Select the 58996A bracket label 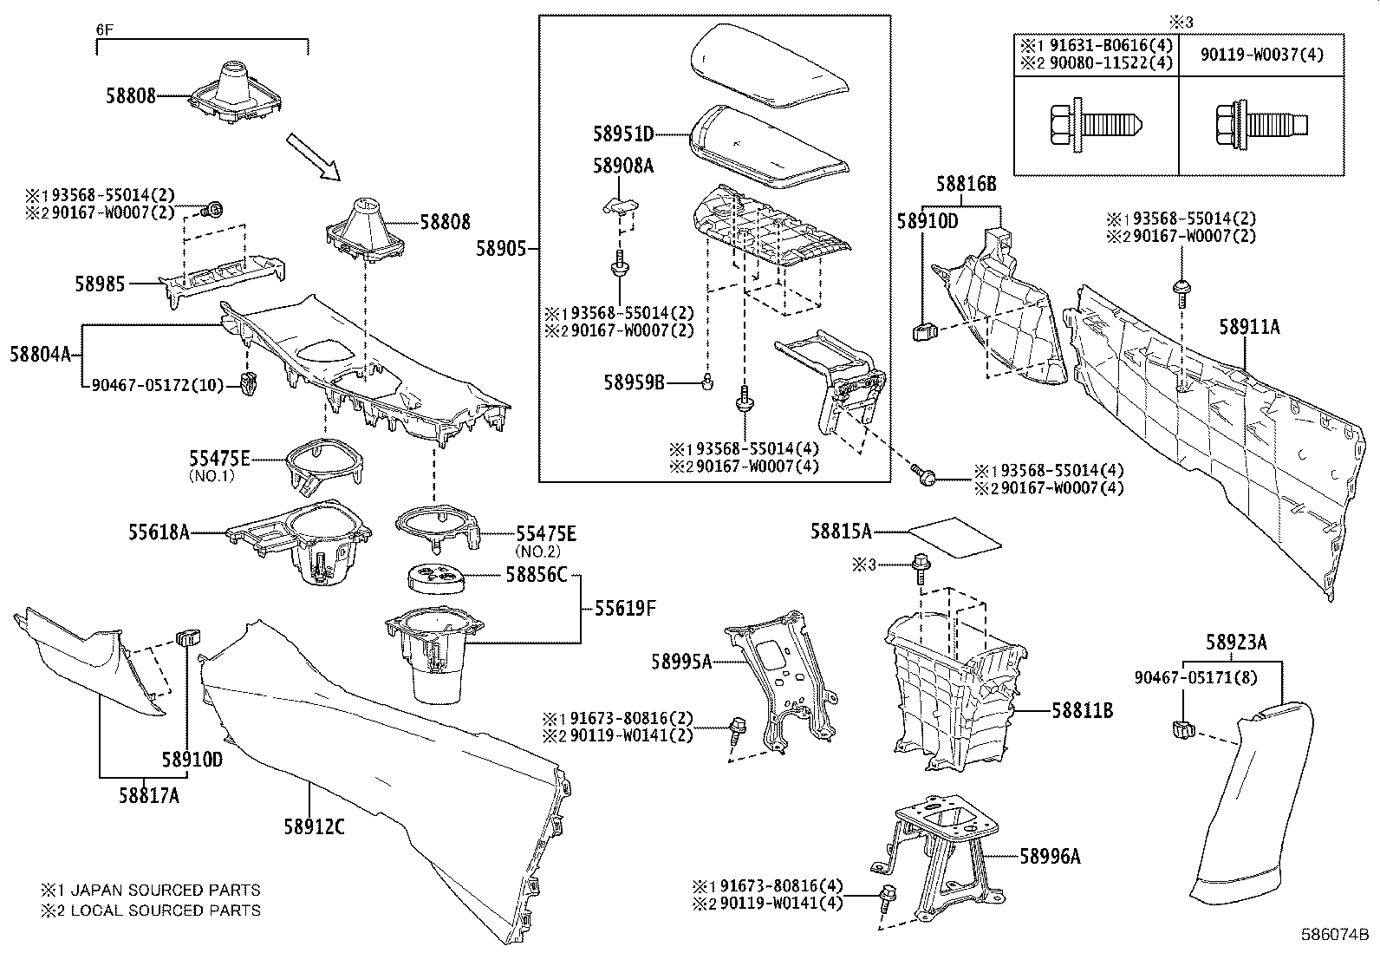pyautogui.click(x=1050, y=857)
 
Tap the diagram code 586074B pyautogui.click(x=1334, y=936)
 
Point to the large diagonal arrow pyautogui.click(x=316, y=156)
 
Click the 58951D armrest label pyautogui.click(x=623, y=134)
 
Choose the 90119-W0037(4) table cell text pyautogui.click(x=1261, y=55)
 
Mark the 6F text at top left pyautogui.click(x=104, y=29)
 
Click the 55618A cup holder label pyautogui.click(x=159, y=532)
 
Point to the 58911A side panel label pyautogui.click(x=1249, y=326)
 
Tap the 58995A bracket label pyautogui.click(x=681, y=662)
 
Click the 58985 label pyautogui.click(x=100, y=284)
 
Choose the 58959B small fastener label pyautogui.click(x=635, y=381)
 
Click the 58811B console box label pyautogui.click(x=1082, y=710)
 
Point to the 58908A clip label pyautogui.click(x=622, y=166)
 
